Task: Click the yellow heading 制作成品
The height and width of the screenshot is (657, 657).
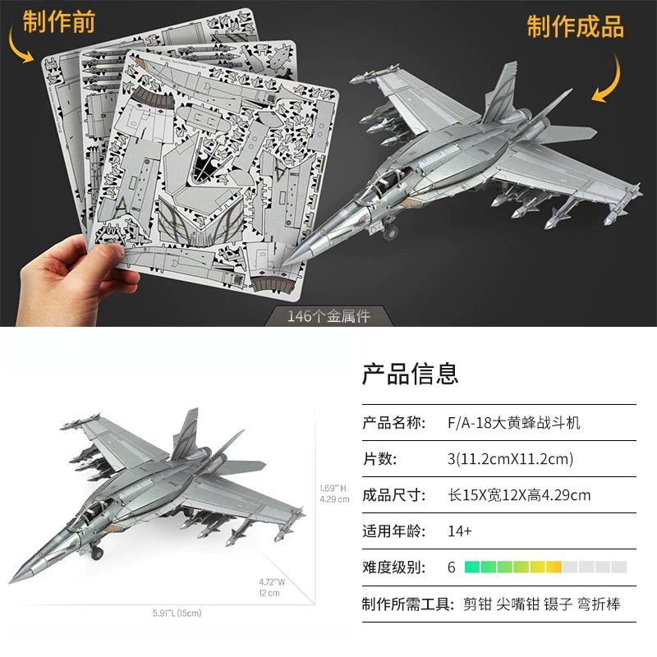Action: pyautogui.click(x=575, y=26)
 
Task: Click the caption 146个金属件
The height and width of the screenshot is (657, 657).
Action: pyautogui.click(x=328, y=316)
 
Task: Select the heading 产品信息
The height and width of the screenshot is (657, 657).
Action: pyautogui.click(x=410, y=374)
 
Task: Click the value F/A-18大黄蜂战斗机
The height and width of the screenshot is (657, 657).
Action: pyautogui.click(x=513, y=423)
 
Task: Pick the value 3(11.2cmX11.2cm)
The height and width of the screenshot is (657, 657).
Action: pyautogui.click(x=509, y=459)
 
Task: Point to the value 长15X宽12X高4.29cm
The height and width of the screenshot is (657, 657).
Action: pyautogui.click(x=518, y=495)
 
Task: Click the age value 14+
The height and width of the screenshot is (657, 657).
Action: pyautogui.click(x=460, y=531)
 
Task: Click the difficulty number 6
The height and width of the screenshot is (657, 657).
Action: pyautogui.click(x=451, y=567)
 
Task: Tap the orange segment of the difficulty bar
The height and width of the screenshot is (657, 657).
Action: pyautogui.click(x=554, y=567)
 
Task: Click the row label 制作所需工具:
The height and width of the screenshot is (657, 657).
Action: pyautogui.click(x=407, y=604)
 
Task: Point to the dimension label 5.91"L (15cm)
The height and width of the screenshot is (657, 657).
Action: pyautogui.click(x=177, y=613)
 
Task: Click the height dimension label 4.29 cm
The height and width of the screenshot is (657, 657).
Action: pyautogui.click(x=334, y=498)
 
